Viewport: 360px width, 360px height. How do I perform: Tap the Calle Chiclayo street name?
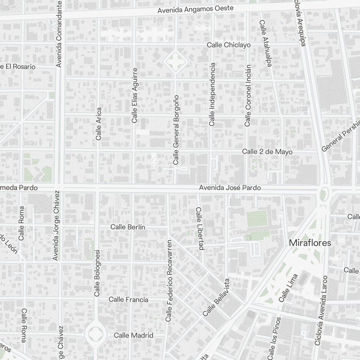click(228, 45)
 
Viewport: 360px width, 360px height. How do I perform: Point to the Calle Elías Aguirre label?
click(135, 95)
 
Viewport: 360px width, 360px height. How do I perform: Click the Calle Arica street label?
click(99, 123)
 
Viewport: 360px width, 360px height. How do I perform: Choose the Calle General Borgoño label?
click(176, 130)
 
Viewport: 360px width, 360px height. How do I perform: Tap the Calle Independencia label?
click(212, 94)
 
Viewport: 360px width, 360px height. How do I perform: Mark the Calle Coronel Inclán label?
click(248, 96)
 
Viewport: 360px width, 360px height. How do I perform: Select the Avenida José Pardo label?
click(230, 188)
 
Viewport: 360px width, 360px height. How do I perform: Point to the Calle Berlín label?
click(127, 227)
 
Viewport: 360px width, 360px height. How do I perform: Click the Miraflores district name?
click(310, 243)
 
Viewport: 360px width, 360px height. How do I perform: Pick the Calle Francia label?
click(129, 300)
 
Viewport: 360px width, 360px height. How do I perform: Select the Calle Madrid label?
click(134, 336)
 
